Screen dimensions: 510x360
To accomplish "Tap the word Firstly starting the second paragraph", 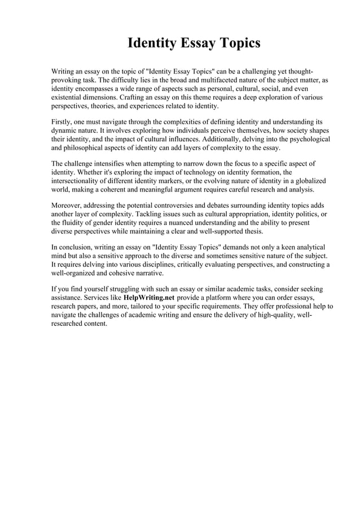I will coord(63,122).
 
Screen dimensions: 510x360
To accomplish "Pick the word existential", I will coord(69,97).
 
